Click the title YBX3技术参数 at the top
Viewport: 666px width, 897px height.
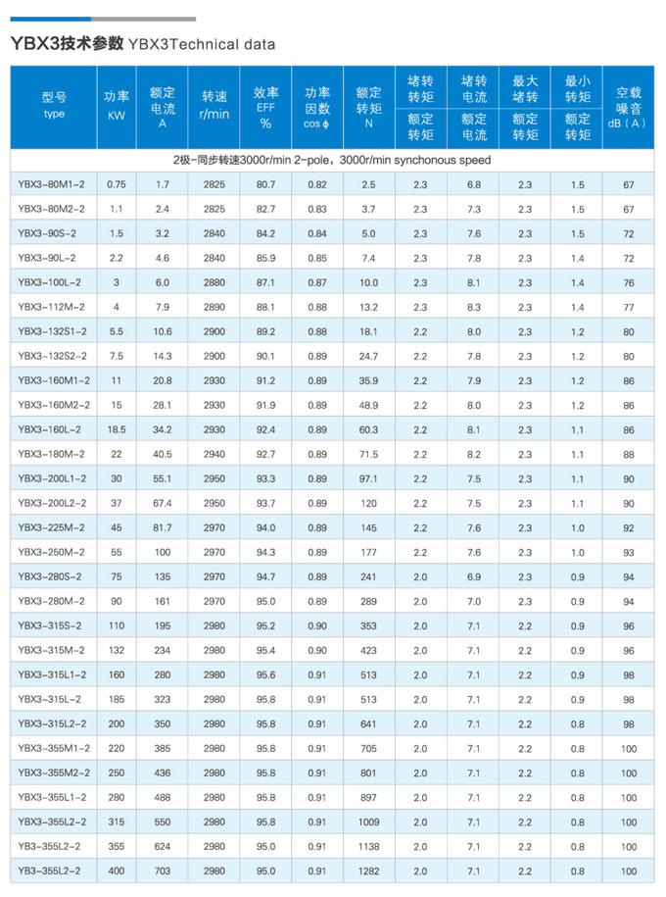67,43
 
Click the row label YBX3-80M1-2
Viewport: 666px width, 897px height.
52,184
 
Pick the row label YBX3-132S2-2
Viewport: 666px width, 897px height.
52,356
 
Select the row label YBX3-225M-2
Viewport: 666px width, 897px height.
51,527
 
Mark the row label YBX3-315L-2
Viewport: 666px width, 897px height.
51,699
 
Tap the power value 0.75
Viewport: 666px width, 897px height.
117,184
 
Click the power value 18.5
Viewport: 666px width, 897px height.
117,429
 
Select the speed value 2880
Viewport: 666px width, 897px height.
214,282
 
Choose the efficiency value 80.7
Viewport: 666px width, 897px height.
265,184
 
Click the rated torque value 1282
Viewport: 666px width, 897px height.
368,871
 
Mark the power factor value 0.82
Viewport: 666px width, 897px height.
317,184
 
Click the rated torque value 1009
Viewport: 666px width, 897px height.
368,822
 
